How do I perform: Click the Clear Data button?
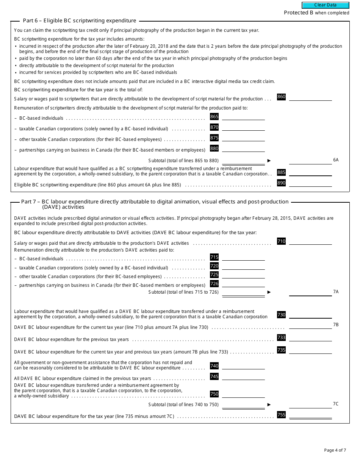[x=325, y=5]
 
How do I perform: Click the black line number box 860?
[x=281, y=97]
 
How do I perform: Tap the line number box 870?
[x=214, y=127]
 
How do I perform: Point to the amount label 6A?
[x=336, y=160]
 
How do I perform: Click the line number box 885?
[x=281, y=172]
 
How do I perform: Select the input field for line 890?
[x=310, y=183]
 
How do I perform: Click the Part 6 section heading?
[x=79, y=21]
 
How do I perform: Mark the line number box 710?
[x=281, y=241]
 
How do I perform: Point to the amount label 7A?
[x=336, y=292]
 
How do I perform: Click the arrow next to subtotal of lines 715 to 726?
[x=269, y=292]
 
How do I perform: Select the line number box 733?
[x=281, y=338]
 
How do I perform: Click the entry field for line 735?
[x=310, y=350]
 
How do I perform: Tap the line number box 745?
[x=214, y=377]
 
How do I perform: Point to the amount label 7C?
[x=336, y=404]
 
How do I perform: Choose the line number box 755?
[x=281, y=415]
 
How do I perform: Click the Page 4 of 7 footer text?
[x=335, y=450]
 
